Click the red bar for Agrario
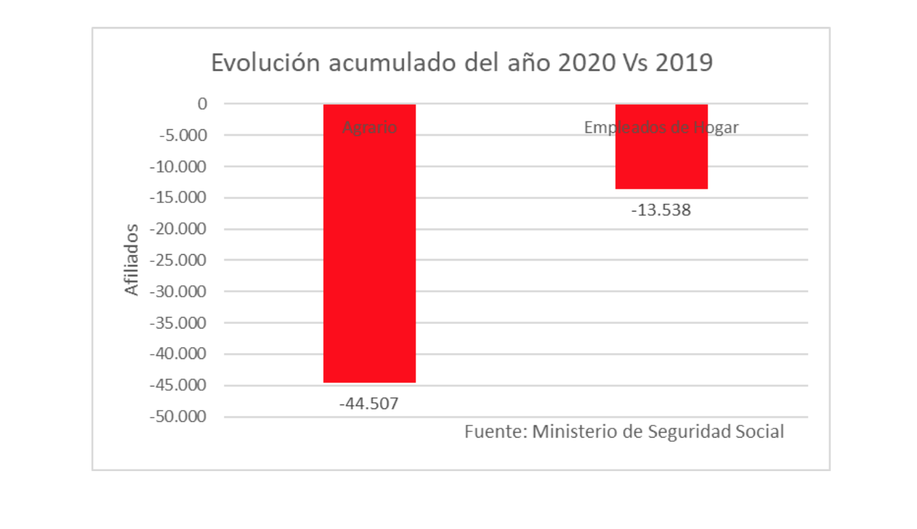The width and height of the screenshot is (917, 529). point(369,256)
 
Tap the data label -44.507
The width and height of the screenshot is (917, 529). point(369,403)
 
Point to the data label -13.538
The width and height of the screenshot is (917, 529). point(661,210)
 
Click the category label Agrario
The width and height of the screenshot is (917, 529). point(369,127)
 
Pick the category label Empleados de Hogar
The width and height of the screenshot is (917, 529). point(661,127)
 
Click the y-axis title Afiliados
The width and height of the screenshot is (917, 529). point(131,260)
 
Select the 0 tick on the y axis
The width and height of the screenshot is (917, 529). point(202,104)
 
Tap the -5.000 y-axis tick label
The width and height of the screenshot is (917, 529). point(183,135)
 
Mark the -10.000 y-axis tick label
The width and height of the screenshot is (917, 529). point(178,166)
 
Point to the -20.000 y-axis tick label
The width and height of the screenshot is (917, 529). point(178,229)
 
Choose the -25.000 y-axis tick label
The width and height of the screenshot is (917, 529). point(178,260)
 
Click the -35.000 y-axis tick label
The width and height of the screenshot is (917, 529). point(178,323)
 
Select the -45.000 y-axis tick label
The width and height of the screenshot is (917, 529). point(178,385)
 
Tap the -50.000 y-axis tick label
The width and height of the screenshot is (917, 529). point(178,417)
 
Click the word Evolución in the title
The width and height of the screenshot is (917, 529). point(265,63)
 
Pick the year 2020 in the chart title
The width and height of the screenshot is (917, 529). point(587,63)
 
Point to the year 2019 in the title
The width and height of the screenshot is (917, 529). point(684,63)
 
